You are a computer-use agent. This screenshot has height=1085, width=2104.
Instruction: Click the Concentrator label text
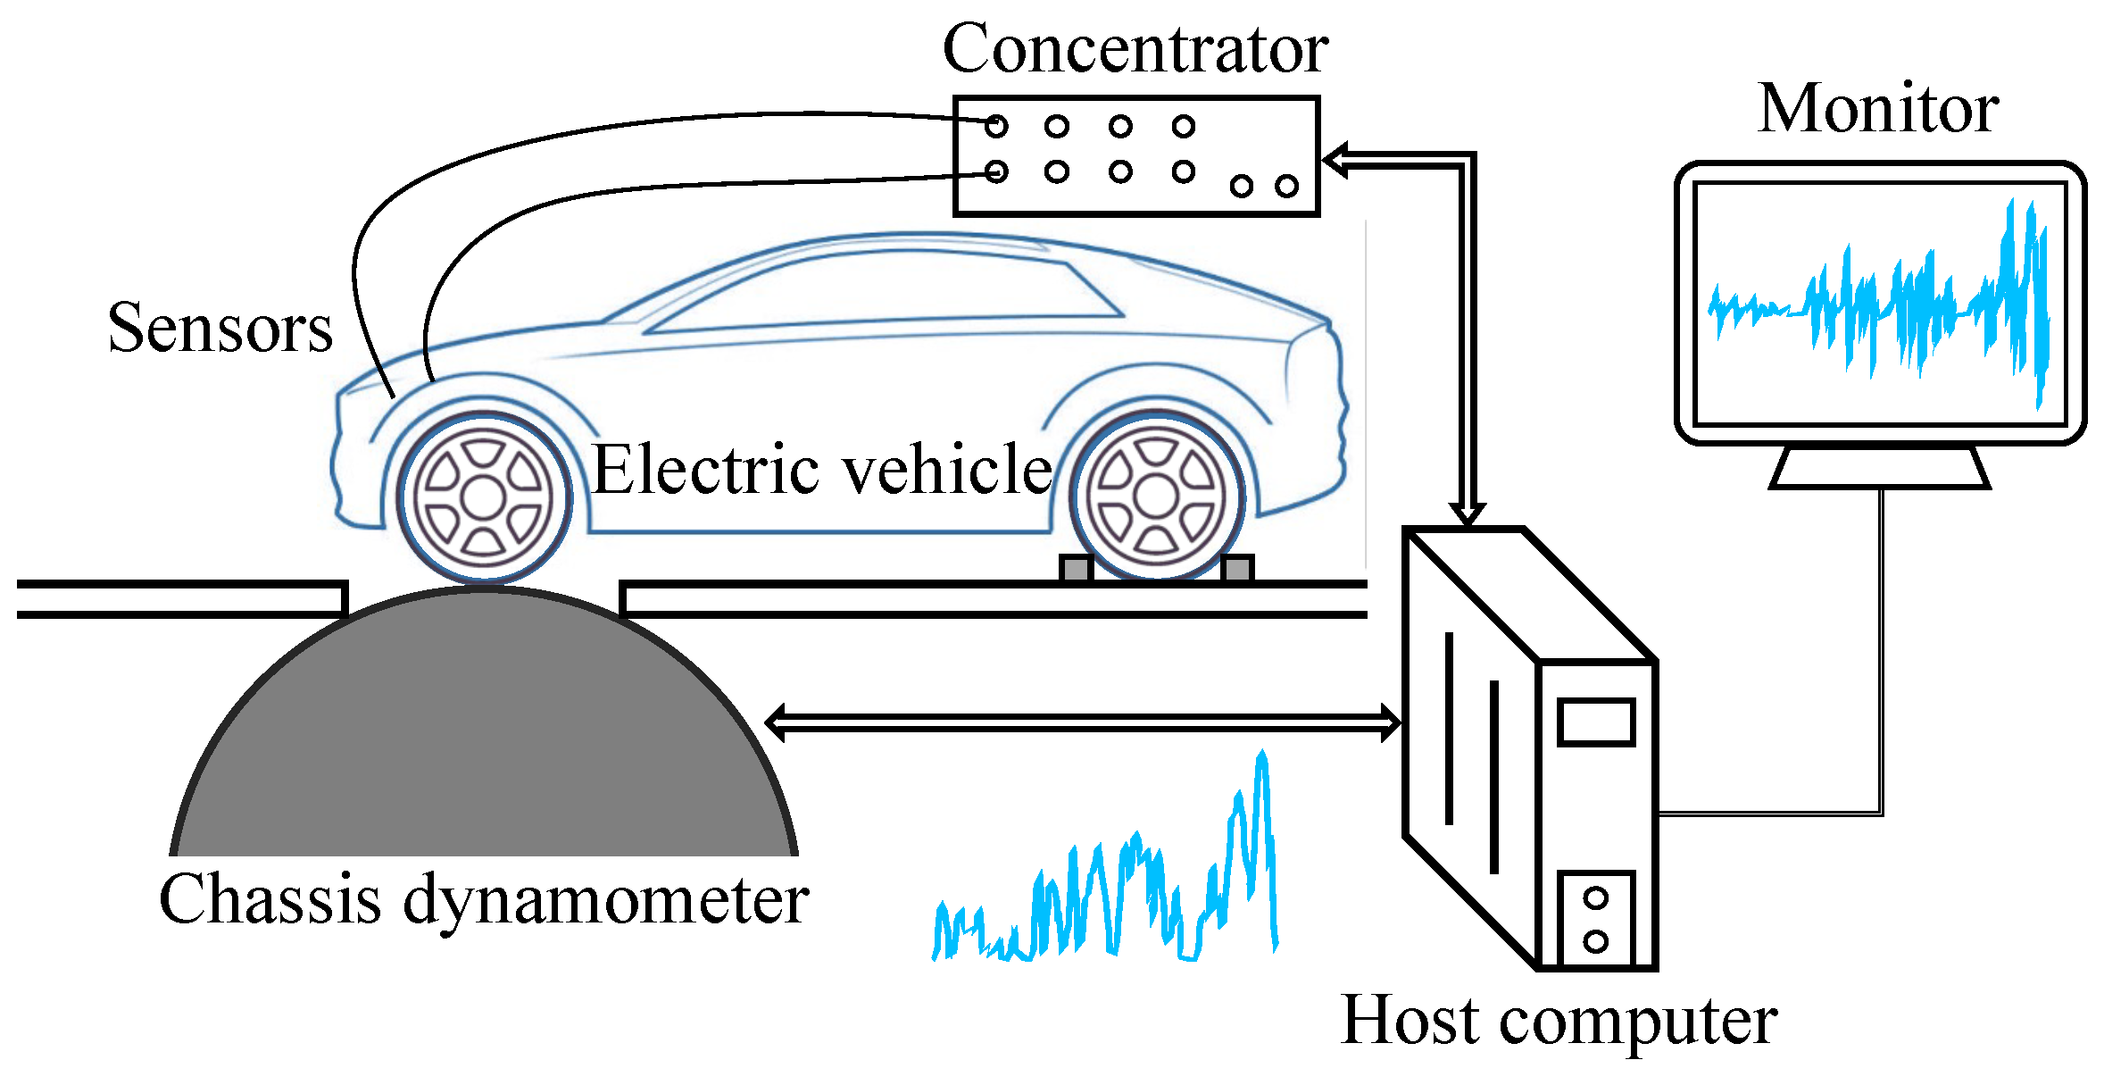(1135, 49)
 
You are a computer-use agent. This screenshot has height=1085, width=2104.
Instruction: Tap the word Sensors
(220, 329)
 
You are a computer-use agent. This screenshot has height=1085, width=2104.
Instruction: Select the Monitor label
(1878, 109)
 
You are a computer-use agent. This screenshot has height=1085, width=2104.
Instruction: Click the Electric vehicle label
(821, 470)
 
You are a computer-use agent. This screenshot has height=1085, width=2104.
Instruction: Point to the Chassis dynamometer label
(484, 900)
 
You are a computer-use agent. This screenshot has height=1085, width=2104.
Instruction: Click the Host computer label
(1559, 1021)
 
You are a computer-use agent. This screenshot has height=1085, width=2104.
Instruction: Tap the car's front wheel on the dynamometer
(484, 497)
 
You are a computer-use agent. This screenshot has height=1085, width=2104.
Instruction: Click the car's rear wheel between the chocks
(1157, 497)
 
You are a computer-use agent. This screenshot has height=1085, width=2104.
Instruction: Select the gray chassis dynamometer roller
(484, 741)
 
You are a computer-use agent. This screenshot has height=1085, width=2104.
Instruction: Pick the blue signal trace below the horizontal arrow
(1107, 893)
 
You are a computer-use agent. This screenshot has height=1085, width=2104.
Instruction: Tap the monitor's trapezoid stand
(1879, 468)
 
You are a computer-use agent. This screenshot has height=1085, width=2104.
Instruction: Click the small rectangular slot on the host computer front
(1596, 722)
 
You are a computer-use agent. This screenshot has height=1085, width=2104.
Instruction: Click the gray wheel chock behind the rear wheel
(1236, 568)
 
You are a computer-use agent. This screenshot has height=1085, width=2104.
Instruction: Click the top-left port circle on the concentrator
(996, 127)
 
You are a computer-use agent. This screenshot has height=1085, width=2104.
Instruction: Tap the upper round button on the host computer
(1595, 897)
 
